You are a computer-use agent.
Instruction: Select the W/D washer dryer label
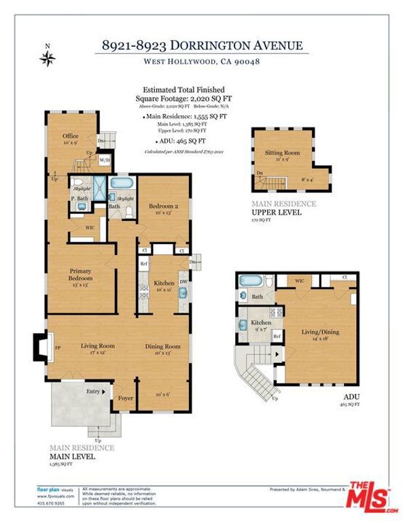click(105, 161)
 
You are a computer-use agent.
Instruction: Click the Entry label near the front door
click(92, 391)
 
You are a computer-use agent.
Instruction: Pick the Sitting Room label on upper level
click(281, 153)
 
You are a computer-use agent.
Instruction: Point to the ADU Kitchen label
click(261, 323)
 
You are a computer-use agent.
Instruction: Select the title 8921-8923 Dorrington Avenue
click(201, 46)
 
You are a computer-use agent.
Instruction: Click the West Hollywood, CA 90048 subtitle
click(201, 62)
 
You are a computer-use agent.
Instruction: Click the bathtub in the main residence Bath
click(123, 185)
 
